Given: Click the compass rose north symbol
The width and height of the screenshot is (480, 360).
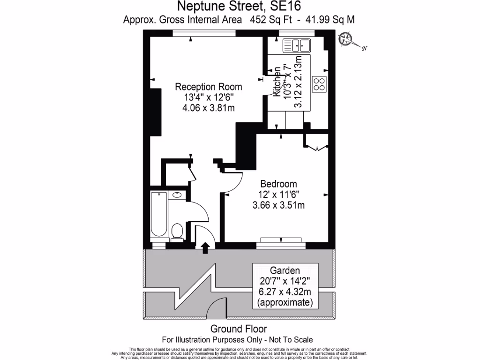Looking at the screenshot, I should [x=348, y=39].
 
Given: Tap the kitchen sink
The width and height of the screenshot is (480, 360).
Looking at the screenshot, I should [x=297, y=45].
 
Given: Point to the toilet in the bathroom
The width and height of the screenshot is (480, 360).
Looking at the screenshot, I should [x=177, y=231].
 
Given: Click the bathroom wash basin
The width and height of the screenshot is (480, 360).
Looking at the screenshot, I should [x=178, y=195].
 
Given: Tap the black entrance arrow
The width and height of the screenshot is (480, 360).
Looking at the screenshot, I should [x=205, y=248].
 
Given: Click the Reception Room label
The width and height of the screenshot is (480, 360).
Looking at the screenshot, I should [x=208, y=87].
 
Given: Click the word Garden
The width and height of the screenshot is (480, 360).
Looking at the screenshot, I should [x=285, y=270].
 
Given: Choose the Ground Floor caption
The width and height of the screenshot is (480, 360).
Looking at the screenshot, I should [x=239, y=329].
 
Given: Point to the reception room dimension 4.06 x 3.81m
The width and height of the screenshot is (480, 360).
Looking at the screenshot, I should [x=208, y=108].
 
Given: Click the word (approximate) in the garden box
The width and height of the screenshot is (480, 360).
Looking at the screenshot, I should [x=285, y=302].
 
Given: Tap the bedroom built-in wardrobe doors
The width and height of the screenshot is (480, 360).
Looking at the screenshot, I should [x=317, y=148].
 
